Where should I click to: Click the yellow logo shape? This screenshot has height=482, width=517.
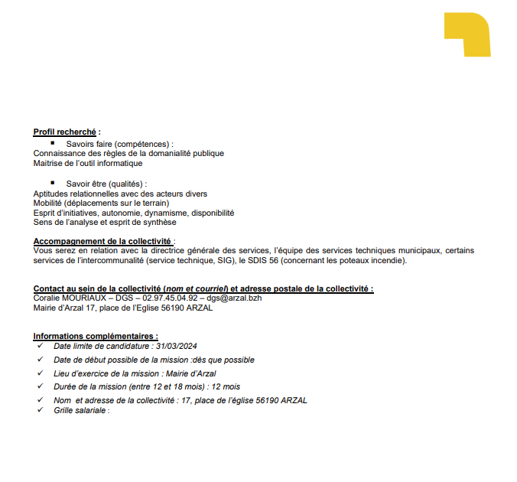[467, 32]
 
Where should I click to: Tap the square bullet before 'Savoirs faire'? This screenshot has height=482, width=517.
[53, 142]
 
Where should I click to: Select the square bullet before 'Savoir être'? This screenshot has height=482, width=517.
[53, 183]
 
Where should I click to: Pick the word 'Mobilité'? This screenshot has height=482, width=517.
[48, 203]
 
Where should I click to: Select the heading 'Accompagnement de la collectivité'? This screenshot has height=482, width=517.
[103, 241]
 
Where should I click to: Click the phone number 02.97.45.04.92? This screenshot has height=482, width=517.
[170, 298]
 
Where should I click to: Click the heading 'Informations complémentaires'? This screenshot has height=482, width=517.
[95, 337]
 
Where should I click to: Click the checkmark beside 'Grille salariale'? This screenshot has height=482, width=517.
[40, 410]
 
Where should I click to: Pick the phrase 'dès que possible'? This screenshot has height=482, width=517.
[228, 360]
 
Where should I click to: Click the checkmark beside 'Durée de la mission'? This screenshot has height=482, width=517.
[40, 386]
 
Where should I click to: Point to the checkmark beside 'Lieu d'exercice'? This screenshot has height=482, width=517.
[40, 373]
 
